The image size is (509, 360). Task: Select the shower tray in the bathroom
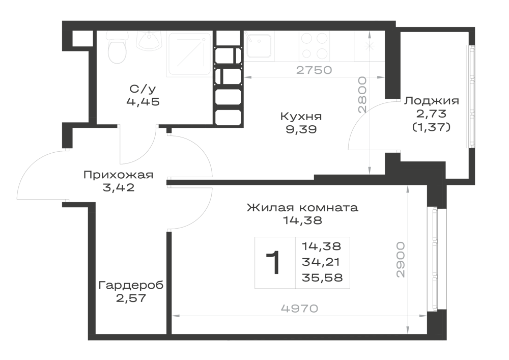click(190, 54)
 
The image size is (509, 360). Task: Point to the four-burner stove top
click(314, 46)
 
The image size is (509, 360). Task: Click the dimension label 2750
click(314, 70)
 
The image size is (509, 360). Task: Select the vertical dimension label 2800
click(362, 95)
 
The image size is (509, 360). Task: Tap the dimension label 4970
click(300, 308)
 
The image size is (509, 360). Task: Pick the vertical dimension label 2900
click(401, 259)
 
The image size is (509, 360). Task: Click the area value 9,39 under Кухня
click(301, 129)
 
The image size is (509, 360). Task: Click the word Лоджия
click(432, 101)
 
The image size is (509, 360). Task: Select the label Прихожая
click(118, 175)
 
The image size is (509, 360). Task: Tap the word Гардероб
click(131, 286)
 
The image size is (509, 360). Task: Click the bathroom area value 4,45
click(143, 102)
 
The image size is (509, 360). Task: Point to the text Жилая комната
click(302, 207)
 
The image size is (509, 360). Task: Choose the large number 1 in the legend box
click(273, 263)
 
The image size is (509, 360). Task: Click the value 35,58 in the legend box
click(322, 278)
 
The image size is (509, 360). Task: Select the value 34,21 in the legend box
click(321, 262)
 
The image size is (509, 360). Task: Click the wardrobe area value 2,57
click(131, 298)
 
